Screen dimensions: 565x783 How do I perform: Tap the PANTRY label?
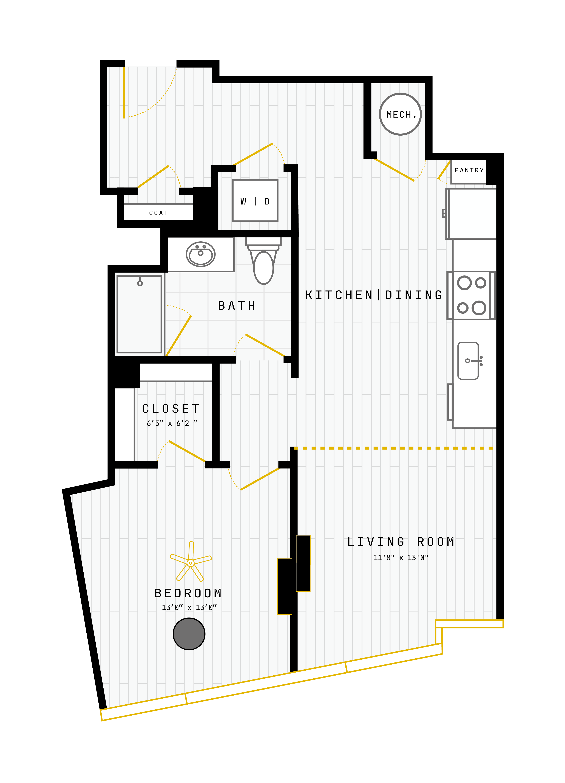point(469,170)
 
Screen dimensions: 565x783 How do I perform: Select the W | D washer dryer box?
point(255,201)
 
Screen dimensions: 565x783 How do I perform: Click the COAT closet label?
point(158,213)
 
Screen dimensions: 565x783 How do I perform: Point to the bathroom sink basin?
point(201,254)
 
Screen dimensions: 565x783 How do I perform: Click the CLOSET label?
point(171,409)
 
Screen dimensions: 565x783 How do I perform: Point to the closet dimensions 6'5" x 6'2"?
point(172,423)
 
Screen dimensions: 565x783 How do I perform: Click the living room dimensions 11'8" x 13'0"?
point(401,558)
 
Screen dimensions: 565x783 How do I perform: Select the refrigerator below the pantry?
point(471,213)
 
